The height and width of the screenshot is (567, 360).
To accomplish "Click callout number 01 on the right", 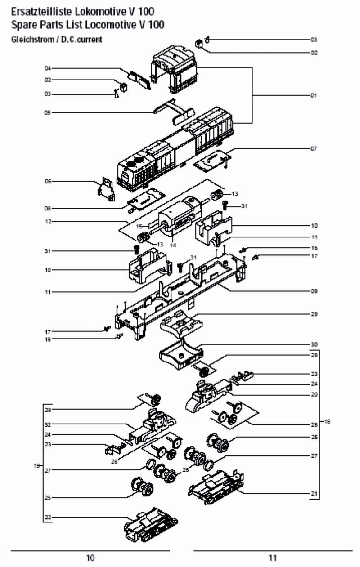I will (x=314, y=95).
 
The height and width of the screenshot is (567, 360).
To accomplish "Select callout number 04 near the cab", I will (x=48, y=68).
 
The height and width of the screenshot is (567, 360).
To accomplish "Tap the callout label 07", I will (x=314, y=148).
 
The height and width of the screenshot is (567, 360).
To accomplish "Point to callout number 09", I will (x=314, y=291).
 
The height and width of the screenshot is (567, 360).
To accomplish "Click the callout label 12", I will (x=48, y=222).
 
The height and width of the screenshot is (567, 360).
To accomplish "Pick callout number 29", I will (x=314, y=314).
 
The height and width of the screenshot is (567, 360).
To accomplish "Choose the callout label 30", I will (x=314, y=344).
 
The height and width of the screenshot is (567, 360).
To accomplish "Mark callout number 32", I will (x=48, y=424).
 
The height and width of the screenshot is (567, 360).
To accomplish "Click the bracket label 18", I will (x=327, y=421).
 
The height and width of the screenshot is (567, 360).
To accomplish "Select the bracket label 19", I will (x=37, y=465).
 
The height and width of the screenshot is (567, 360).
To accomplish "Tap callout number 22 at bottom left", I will (x=48, y=518).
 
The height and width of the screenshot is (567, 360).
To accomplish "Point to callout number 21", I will (x=314, y=493).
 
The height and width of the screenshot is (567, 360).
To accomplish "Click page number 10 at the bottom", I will (x=90, y=558).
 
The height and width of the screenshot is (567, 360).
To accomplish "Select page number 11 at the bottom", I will (x=273, y=558).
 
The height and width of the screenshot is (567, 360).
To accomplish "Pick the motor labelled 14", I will (x=178, y=218).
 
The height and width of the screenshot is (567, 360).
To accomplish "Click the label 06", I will (x=48, y=181).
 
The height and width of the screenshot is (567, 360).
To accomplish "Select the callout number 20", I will (x=314, y=394).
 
